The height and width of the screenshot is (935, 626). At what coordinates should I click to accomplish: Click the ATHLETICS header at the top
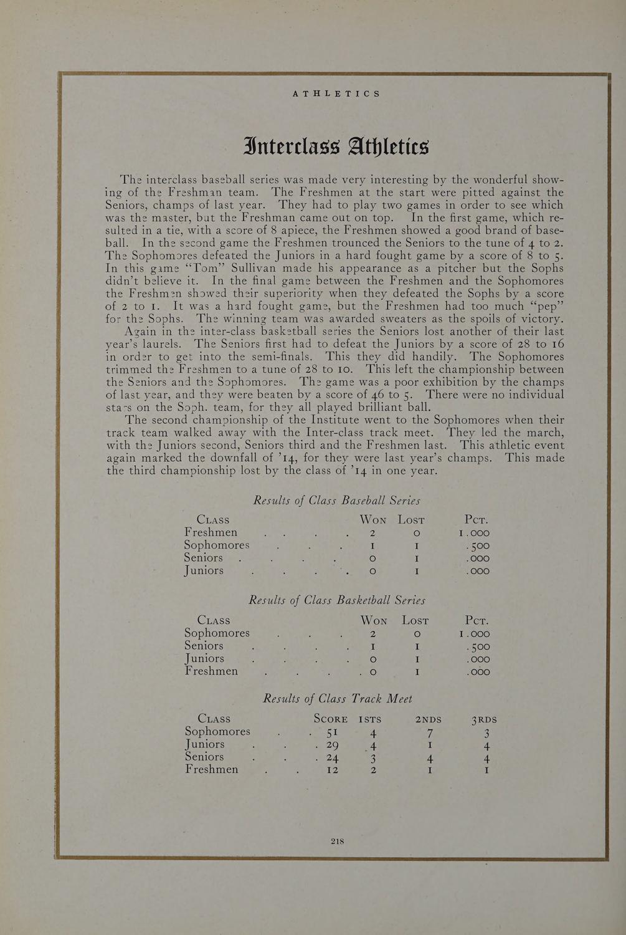pyautogui.click(x=336, y=93)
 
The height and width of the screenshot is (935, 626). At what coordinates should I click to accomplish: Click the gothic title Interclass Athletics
pyautogui.click(x=336, y=147)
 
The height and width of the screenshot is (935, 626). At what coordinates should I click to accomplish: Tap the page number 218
pyautogui.click(x=337, y=841)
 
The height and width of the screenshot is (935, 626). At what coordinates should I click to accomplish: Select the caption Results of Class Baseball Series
pyautogui.click(x=336, y=501)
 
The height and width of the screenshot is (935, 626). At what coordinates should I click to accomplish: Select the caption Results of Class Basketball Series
pyautogui.click(x=336, y=600)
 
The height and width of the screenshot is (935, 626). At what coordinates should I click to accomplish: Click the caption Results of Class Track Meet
pyautogui.click(x=338, y=699)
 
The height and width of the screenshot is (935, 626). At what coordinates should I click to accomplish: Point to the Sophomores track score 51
pyautogui.click(x=330, y=732)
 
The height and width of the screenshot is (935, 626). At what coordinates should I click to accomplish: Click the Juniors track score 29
pyautogui.click(x=331, y=745)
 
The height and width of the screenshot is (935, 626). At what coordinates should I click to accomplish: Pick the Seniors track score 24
pyautogui.click(x=331, y=758)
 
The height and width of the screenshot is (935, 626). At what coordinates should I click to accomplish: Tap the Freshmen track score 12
pyautogui.click(x=332, y=770)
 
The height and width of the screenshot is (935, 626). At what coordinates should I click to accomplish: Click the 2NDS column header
pyautogui.click(x=428, y=719)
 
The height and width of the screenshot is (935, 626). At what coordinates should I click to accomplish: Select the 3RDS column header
pyautogui.click(x=484, y=719)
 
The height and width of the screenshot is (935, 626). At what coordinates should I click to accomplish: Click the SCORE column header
pyautogui.click(x=331, y=719)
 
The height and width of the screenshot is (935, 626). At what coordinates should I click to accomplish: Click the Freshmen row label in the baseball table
pyautogui.click(x=211, y=532)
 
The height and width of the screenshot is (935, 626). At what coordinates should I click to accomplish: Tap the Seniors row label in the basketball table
pyautogui.click(x=204, y=646)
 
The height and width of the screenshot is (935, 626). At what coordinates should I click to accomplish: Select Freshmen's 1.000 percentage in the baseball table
pyautogui.click(x=474, y=534)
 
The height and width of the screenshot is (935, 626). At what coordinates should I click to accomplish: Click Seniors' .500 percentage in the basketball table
pyautogui.click(x=478, y=647)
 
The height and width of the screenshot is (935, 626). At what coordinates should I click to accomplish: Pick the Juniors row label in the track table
pyautogui.click(x=204, y=744)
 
